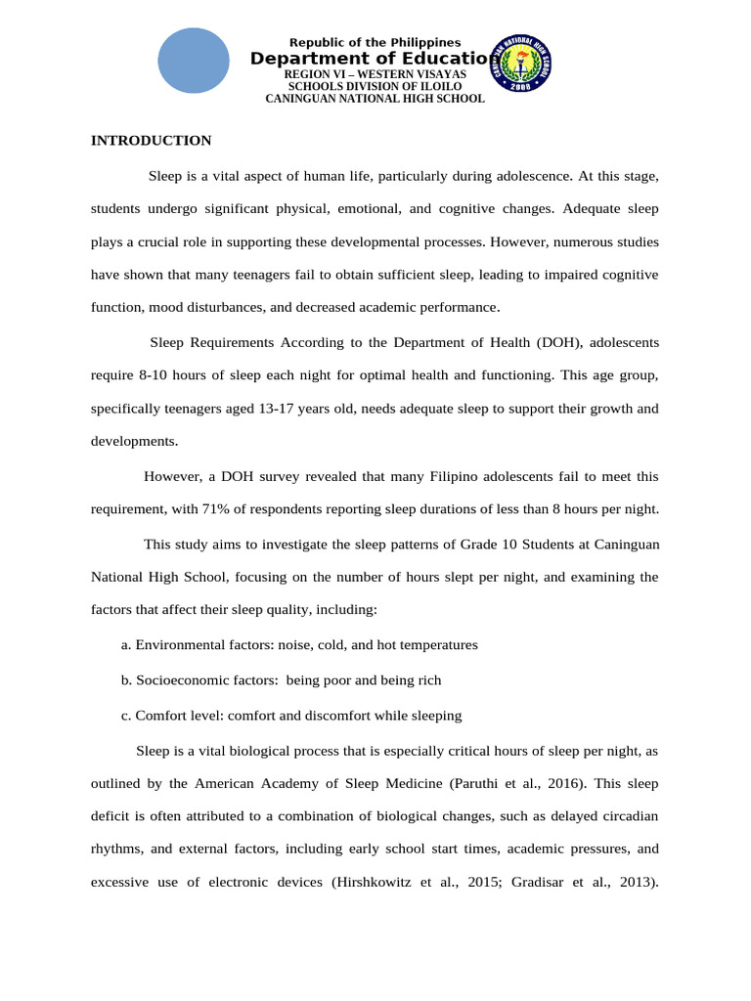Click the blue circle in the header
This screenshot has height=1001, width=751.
(194, 61)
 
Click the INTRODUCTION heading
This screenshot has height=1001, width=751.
(151, 141)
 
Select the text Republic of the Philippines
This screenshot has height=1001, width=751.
(375, 42)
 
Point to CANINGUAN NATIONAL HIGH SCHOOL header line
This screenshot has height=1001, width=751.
(375, 99)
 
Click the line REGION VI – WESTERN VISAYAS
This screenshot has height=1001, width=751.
(375, 74)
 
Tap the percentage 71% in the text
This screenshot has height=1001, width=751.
(251, 508)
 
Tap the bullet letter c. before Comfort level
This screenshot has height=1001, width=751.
(126, 716)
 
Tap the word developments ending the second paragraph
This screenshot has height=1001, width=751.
(135, 441)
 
